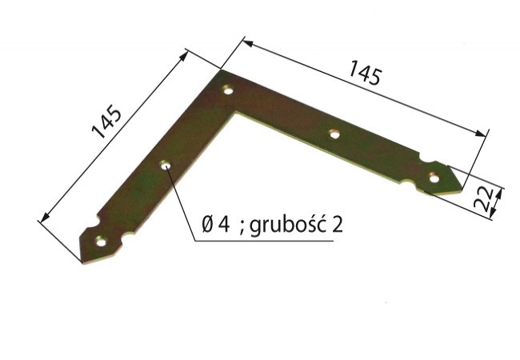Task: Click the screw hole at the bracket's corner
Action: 228,90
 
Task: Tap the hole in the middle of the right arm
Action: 334,134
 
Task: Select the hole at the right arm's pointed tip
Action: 434,178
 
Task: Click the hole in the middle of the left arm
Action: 166,165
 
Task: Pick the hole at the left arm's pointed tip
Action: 101,242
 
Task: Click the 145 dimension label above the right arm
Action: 364,72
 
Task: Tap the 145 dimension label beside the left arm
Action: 106,122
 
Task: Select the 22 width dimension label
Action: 482,199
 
